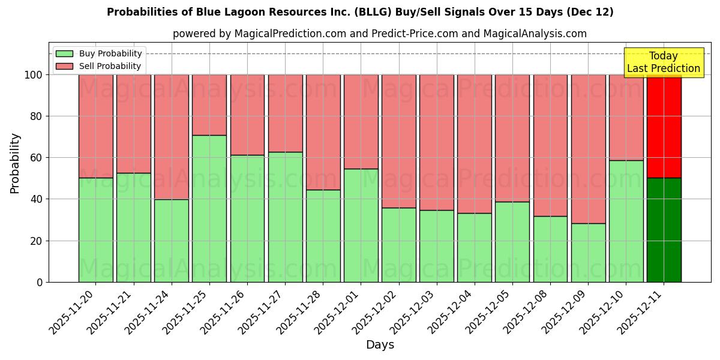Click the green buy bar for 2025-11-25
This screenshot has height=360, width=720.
tap(209, 208)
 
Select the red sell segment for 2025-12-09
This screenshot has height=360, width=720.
tap(588, 149)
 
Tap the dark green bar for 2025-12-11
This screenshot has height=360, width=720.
tap(664, 230)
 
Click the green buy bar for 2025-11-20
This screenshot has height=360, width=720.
tap(95, 230)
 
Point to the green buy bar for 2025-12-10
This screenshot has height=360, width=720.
tap(626, 221)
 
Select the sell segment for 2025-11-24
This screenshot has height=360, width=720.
tap(172, 137)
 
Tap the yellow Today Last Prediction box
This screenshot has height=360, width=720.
tap(664, 62)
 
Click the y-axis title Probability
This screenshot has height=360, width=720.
tap(15, 163)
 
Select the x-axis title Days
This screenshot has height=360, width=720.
tap(380, 345)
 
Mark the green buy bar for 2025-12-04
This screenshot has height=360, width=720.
tap(474, 247)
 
